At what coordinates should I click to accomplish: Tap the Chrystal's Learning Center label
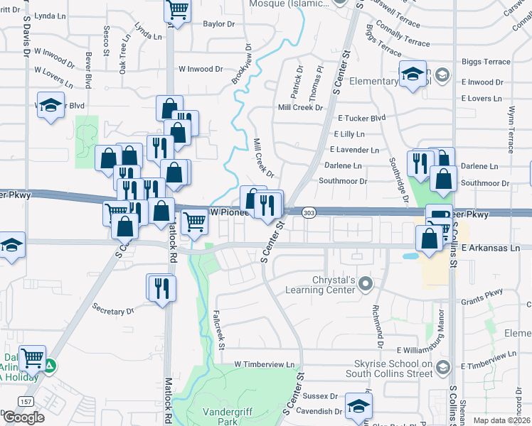pos(319,285)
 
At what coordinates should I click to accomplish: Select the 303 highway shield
pos(308,213)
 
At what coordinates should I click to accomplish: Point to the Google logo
pos(23,417)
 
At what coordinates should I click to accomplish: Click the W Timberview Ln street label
pos(265,364)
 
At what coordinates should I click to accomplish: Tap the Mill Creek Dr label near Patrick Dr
pos(300,107)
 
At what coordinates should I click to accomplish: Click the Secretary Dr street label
pos(113,310)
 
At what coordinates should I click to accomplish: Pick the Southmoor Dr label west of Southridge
pos(343,181)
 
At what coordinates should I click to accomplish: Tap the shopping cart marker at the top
pos(177,10)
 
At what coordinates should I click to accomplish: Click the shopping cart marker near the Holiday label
pos(32,358)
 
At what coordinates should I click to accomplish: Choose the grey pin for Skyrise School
pos(443,367)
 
